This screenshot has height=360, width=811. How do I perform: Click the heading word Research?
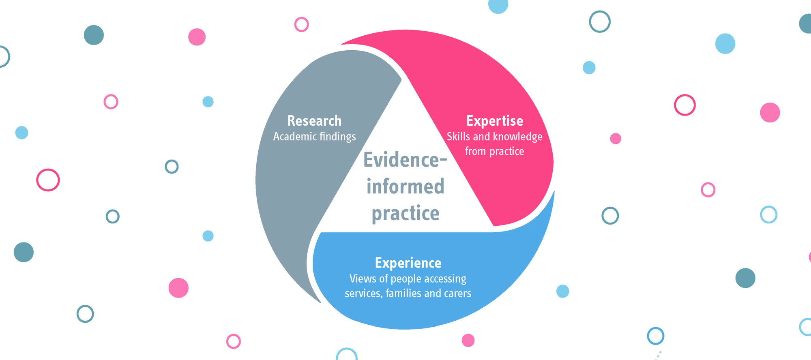314,121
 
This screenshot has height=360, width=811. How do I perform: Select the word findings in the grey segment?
337,137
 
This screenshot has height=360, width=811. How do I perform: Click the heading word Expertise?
495,121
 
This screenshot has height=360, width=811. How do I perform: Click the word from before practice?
475,151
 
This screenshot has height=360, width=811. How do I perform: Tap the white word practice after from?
506,152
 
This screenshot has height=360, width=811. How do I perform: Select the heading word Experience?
408,263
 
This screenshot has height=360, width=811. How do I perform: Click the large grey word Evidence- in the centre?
405,160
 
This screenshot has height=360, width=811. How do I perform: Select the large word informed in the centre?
405,186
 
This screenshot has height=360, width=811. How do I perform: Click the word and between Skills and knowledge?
481,137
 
